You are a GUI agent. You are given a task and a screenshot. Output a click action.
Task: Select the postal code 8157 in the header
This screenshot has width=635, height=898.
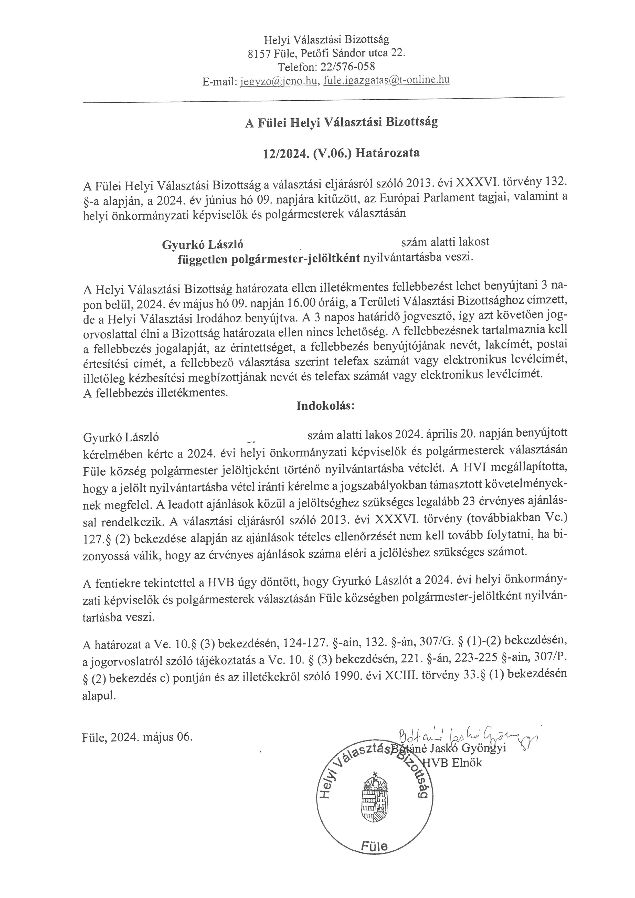click(x=259, y=53)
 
